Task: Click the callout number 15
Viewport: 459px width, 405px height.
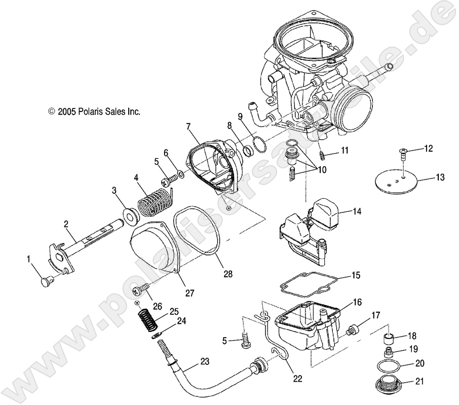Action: (356, 276)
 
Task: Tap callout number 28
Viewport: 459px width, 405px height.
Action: (228, 274)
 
